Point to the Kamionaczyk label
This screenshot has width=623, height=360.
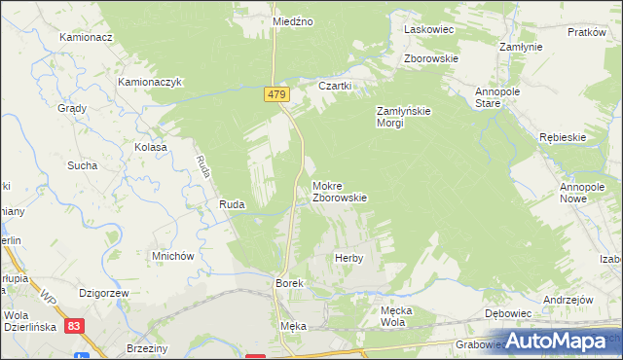[151, 83]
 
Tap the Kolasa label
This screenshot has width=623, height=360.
[151, 147]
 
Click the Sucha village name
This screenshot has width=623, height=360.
[82, 165]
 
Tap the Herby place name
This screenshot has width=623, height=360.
[348, 258]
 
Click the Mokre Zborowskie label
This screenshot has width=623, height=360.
[339, 191]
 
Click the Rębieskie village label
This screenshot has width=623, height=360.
[563, 137]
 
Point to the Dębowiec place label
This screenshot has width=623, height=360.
[507, 315]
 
